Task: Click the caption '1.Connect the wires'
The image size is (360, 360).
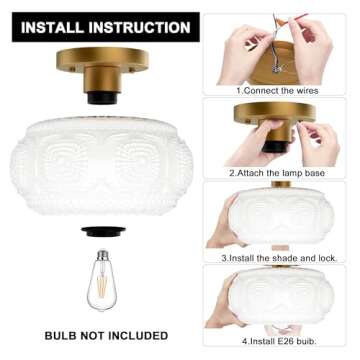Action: (x=278, y=90)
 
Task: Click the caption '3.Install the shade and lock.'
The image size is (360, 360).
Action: (x=279, y=256)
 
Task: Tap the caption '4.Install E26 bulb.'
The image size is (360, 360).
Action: (x=279, y=339)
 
